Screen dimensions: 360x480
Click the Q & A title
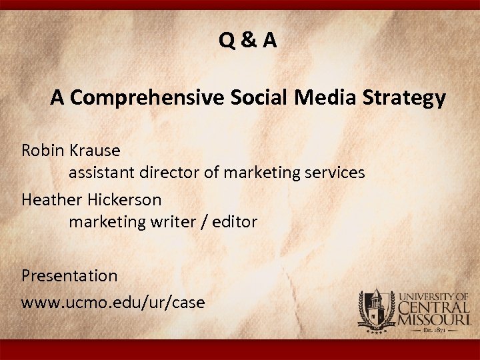pos(248,41)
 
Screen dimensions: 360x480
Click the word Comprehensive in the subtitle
pos(147,98)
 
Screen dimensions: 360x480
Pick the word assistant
pos(102,173)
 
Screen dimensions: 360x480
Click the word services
pos(333,173)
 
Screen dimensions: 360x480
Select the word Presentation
pos(69,275)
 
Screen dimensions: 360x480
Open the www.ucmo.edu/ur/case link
pos(113,302)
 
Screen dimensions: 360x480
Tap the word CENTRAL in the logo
pos(434,307)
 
